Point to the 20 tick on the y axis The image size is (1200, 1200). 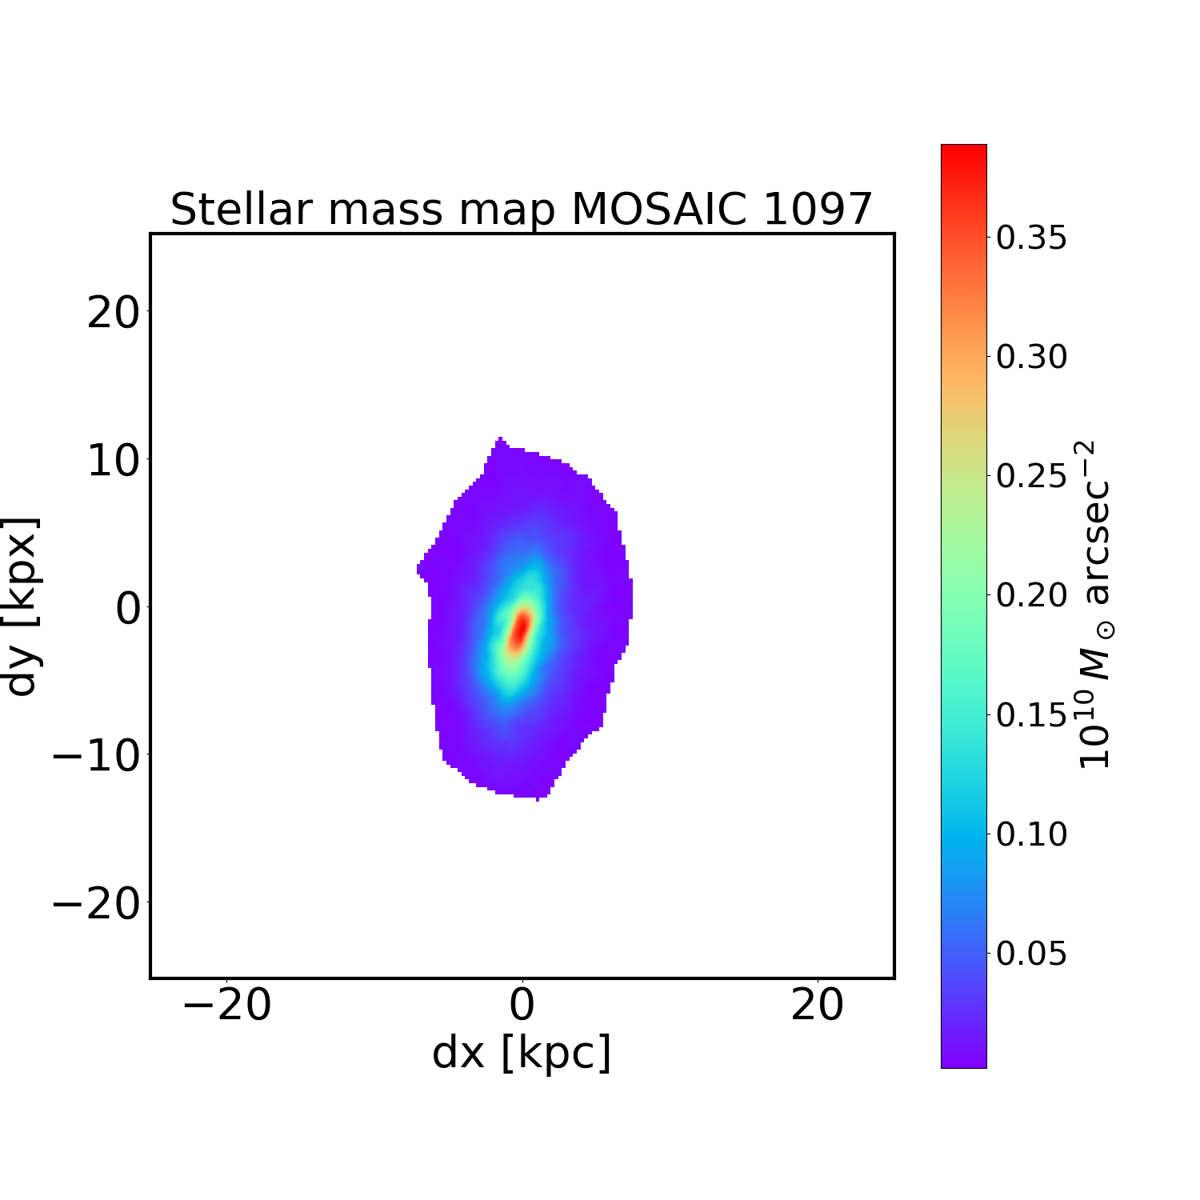pos(113,313)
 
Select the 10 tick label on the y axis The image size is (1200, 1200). pos(113,461)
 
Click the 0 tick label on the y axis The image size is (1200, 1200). pos(128,609)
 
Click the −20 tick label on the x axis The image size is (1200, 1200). pos(227,1006)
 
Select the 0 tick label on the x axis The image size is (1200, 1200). pos(522,1006)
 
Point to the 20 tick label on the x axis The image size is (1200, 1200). pos(817,1006)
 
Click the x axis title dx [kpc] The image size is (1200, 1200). pos(522,1053)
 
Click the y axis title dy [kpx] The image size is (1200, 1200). pos(22,606)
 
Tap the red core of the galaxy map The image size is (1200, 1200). pos(520,628)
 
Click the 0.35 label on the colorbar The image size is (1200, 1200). pos(1031,238)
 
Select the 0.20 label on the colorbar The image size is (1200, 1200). pos(1031,596)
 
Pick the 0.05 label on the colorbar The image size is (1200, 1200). pos(1031,954)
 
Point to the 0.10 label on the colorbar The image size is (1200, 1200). pos(1031,834)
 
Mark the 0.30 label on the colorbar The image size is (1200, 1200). pos(1031,358)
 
